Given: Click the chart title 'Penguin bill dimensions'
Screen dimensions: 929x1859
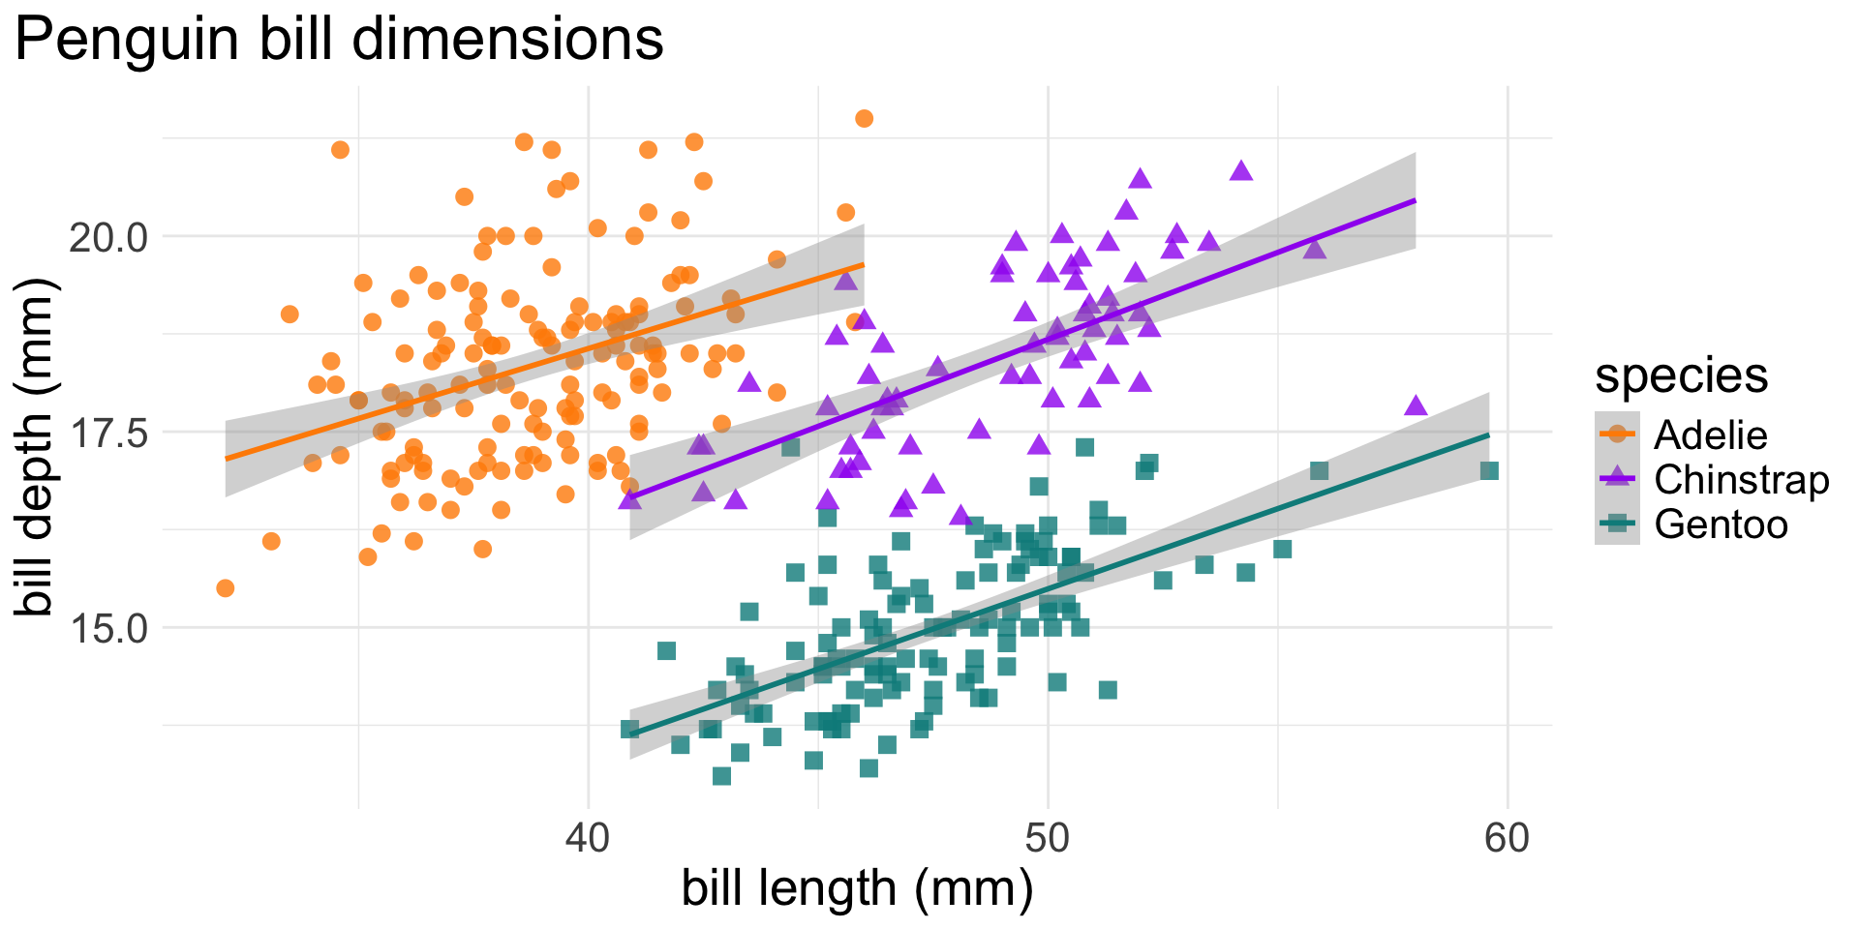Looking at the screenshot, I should click(x=339, y=41).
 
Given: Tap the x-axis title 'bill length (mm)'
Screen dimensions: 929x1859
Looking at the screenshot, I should click(x=857, y=888).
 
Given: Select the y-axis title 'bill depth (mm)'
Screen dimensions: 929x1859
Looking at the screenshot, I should click(x=37, y=446).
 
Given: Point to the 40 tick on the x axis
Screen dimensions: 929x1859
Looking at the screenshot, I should click(x=588, y=838).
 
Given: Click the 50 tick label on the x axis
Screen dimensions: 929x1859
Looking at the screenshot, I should click(x=1048, y=838).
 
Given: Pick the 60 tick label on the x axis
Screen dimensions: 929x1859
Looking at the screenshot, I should click(x=1508, y=838).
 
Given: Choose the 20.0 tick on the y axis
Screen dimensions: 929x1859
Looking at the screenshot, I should click(x=109, y=236).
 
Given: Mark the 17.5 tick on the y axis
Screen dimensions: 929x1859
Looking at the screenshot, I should click(x=109, y=433).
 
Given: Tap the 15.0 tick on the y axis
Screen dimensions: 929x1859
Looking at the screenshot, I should click(x=109, y=628).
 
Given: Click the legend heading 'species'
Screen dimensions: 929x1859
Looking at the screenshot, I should click(x=1682, y=375).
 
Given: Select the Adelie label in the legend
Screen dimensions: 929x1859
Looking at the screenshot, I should click(x=1710, y=435).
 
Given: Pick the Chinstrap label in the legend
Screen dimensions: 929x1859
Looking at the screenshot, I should click(x=1741, y=480).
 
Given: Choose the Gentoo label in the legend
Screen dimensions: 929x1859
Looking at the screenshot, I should click(x=1721, y=524).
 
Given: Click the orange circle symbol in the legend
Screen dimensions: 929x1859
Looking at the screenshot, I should click(x=1617, y=435).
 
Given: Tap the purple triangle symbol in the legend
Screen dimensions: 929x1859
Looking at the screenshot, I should click(x=1617, y=479).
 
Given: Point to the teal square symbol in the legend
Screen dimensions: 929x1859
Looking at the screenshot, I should click(x=1617, y=524).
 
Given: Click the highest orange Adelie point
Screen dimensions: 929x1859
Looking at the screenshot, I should click(x=864, y=119).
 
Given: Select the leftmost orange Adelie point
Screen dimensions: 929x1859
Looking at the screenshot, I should click(x=225, y=588).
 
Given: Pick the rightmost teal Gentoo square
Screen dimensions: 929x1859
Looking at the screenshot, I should click(x=1489, y=471).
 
